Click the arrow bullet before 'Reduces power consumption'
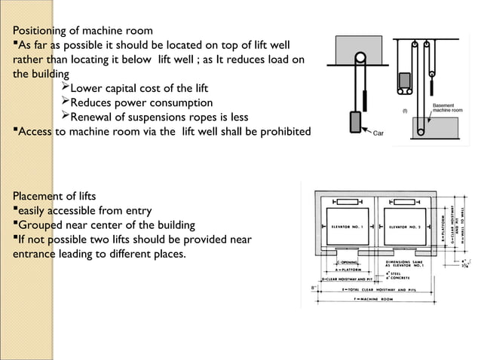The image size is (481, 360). click(x=64, y=102)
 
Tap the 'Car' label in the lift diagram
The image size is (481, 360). click(x=382, y=133)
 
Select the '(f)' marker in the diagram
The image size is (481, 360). click(x=405, y=111)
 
